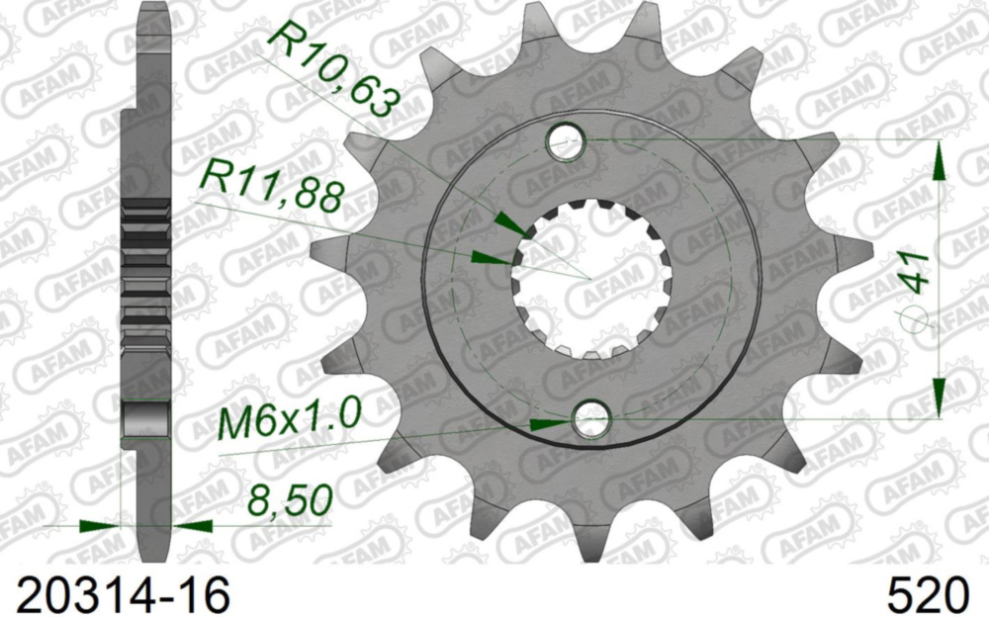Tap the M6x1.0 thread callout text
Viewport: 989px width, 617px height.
pos(290,420)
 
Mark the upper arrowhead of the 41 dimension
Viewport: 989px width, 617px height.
pos(938,159)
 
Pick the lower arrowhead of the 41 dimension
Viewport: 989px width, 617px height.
pos(938,395)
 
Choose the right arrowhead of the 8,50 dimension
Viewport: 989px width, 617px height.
pos(192,525)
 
